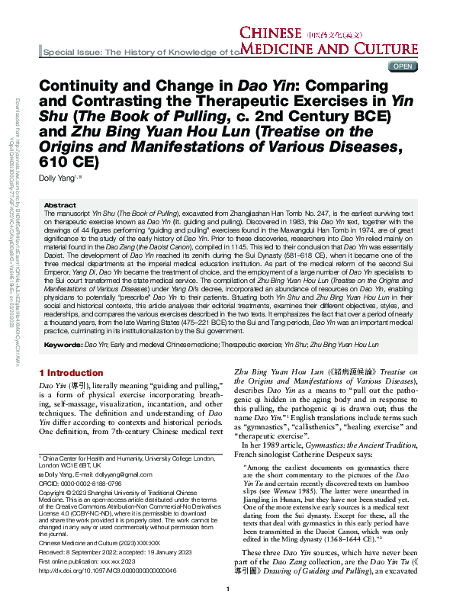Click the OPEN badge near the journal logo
[x=402, y=66]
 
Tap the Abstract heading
[x=60, y=206]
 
